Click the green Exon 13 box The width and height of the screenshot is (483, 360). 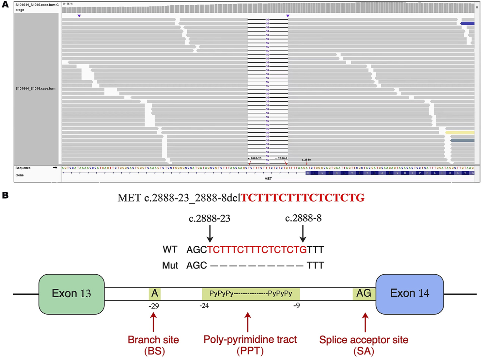coord(71,294)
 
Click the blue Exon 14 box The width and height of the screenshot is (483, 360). coord(410,294)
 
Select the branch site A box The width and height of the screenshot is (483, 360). coord(155,293)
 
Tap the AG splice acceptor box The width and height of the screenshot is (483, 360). coord(364,293)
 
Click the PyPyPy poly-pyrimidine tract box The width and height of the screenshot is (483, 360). coord(251,293)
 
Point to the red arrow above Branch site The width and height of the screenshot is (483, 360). coord(153,322)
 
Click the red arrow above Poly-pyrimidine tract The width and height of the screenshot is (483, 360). coord(248,322)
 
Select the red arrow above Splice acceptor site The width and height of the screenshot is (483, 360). coord(365,322)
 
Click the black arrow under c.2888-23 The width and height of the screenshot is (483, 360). coord(210,234)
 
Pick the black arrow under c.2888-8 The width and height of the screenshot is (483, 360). coord(303,234)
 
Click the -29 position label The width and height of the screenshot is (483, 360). coord(153,306)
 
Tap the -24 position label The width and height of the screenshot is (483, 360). coord(204,306)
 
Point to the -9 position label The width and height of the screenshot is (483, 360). coord(296,306)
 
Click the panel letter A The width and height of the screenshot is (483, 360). coord(6,5)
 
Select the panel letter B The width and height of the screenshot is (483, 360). coord(6,195)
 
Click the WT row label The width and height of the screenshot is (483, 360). coord(170,250)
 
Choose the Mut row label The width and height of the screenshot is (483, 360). coord(170,265)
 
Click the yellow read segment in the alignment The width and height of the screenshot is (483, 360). coord(460,133)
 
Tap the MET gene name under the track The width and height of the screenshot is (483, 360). coord(268,179)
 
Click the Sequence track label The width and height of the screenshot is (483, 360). coord(23,168)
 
